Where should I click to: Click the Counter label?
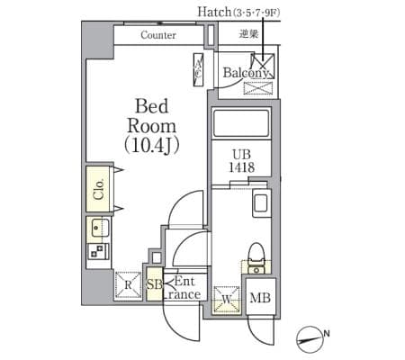(x=158, y=35)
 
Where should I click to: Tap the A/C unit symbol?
(x=199, y=70)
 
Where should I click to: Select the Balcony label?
(x=246, y=73)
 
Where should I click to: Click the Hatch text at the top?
(x=214, y=12)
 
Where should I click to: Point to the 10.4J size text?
(x=152, y=146)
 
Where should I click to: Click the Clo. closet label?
(x=98, y=190)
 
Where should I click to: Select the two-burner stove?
(x=98, y=251)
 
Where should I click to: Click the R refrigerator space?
(x=128, y=284)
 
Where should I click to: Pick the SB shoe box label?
(x=154, y=284)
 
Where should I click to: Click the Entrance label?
(x=183, y=288)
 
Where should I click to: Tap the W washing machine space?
(x=227, y=299)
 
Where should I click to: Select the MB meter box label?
(x=260, y=298)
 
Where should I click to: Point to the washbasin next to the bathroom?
(x=262, y=202)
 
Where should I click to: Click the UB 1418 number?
(x=242, y=167)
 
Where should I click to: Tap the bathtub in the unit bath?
(x=241, y=124)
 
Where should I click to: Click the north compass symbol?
(x=310, y=339)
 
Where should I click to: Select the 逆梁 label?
(x=248, y=33)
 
